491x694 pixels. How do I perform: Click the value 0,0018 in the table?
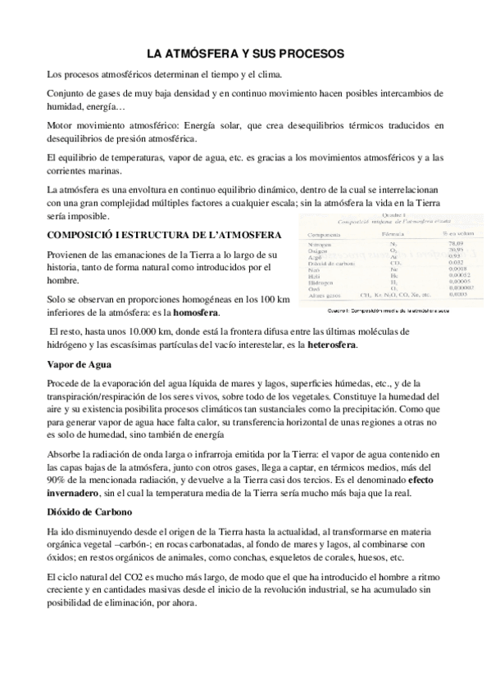click(x=448, y=268)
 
